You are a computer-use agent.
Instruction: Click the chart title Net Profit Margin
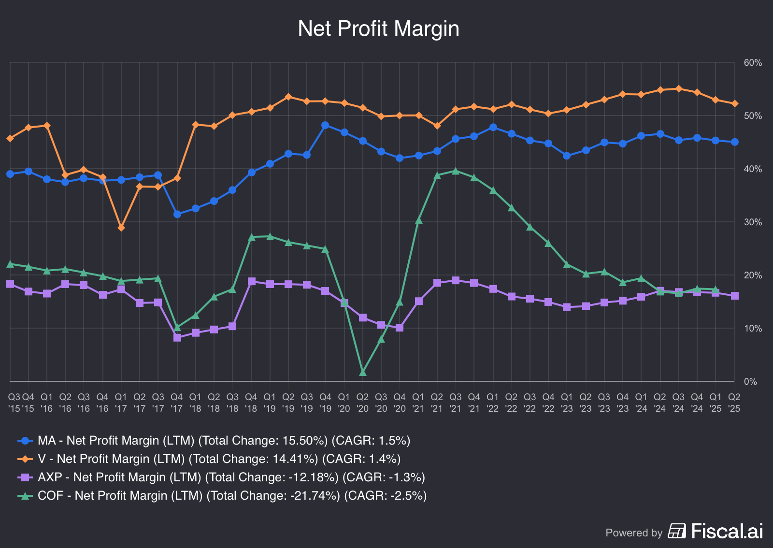[x=378, y=29]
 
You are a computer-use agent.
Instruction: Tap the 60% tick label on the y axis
[x=753, y=63]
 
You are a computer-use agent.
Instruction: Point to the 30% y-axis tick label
[x=753, y=222]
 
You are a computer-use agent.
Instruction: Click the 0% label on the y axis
[x=750, y=382]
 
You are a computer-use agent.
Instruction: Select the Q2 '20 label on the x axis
[x=362, y=402]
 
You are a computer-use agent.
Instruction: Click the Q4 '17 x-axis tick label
[x=177, y=402]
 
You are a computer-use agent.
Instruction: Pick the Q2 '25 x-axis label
[x=734, y=402]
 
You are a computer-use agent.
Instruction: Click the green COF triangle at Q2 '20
[x=363, y=372]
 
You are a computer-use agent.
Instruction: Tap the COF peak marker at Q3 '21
[x=456, y=171]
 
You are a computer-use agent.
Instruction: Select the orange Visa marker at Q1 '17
[x=121, y=228]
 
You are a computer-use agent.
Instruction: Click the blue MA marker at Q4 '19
[x=325, y=125]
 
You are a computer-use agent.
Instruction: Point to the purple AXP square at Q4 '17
[x=177, y=337]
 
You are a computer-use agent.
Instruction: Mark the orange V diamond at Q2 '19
[x=288, y=97]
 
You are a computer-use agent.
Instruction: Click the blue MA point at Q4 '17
[x=177, y=214]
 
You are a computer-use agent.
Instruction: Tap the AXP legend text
[x=231, y=477]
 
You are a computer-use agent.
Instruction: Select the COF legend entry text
[x=232, y=496]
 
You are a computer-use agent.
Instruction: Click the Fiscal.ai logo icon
[x=677, y=531]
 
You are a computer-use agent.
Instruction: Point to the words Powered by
[x=634, y=533]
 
